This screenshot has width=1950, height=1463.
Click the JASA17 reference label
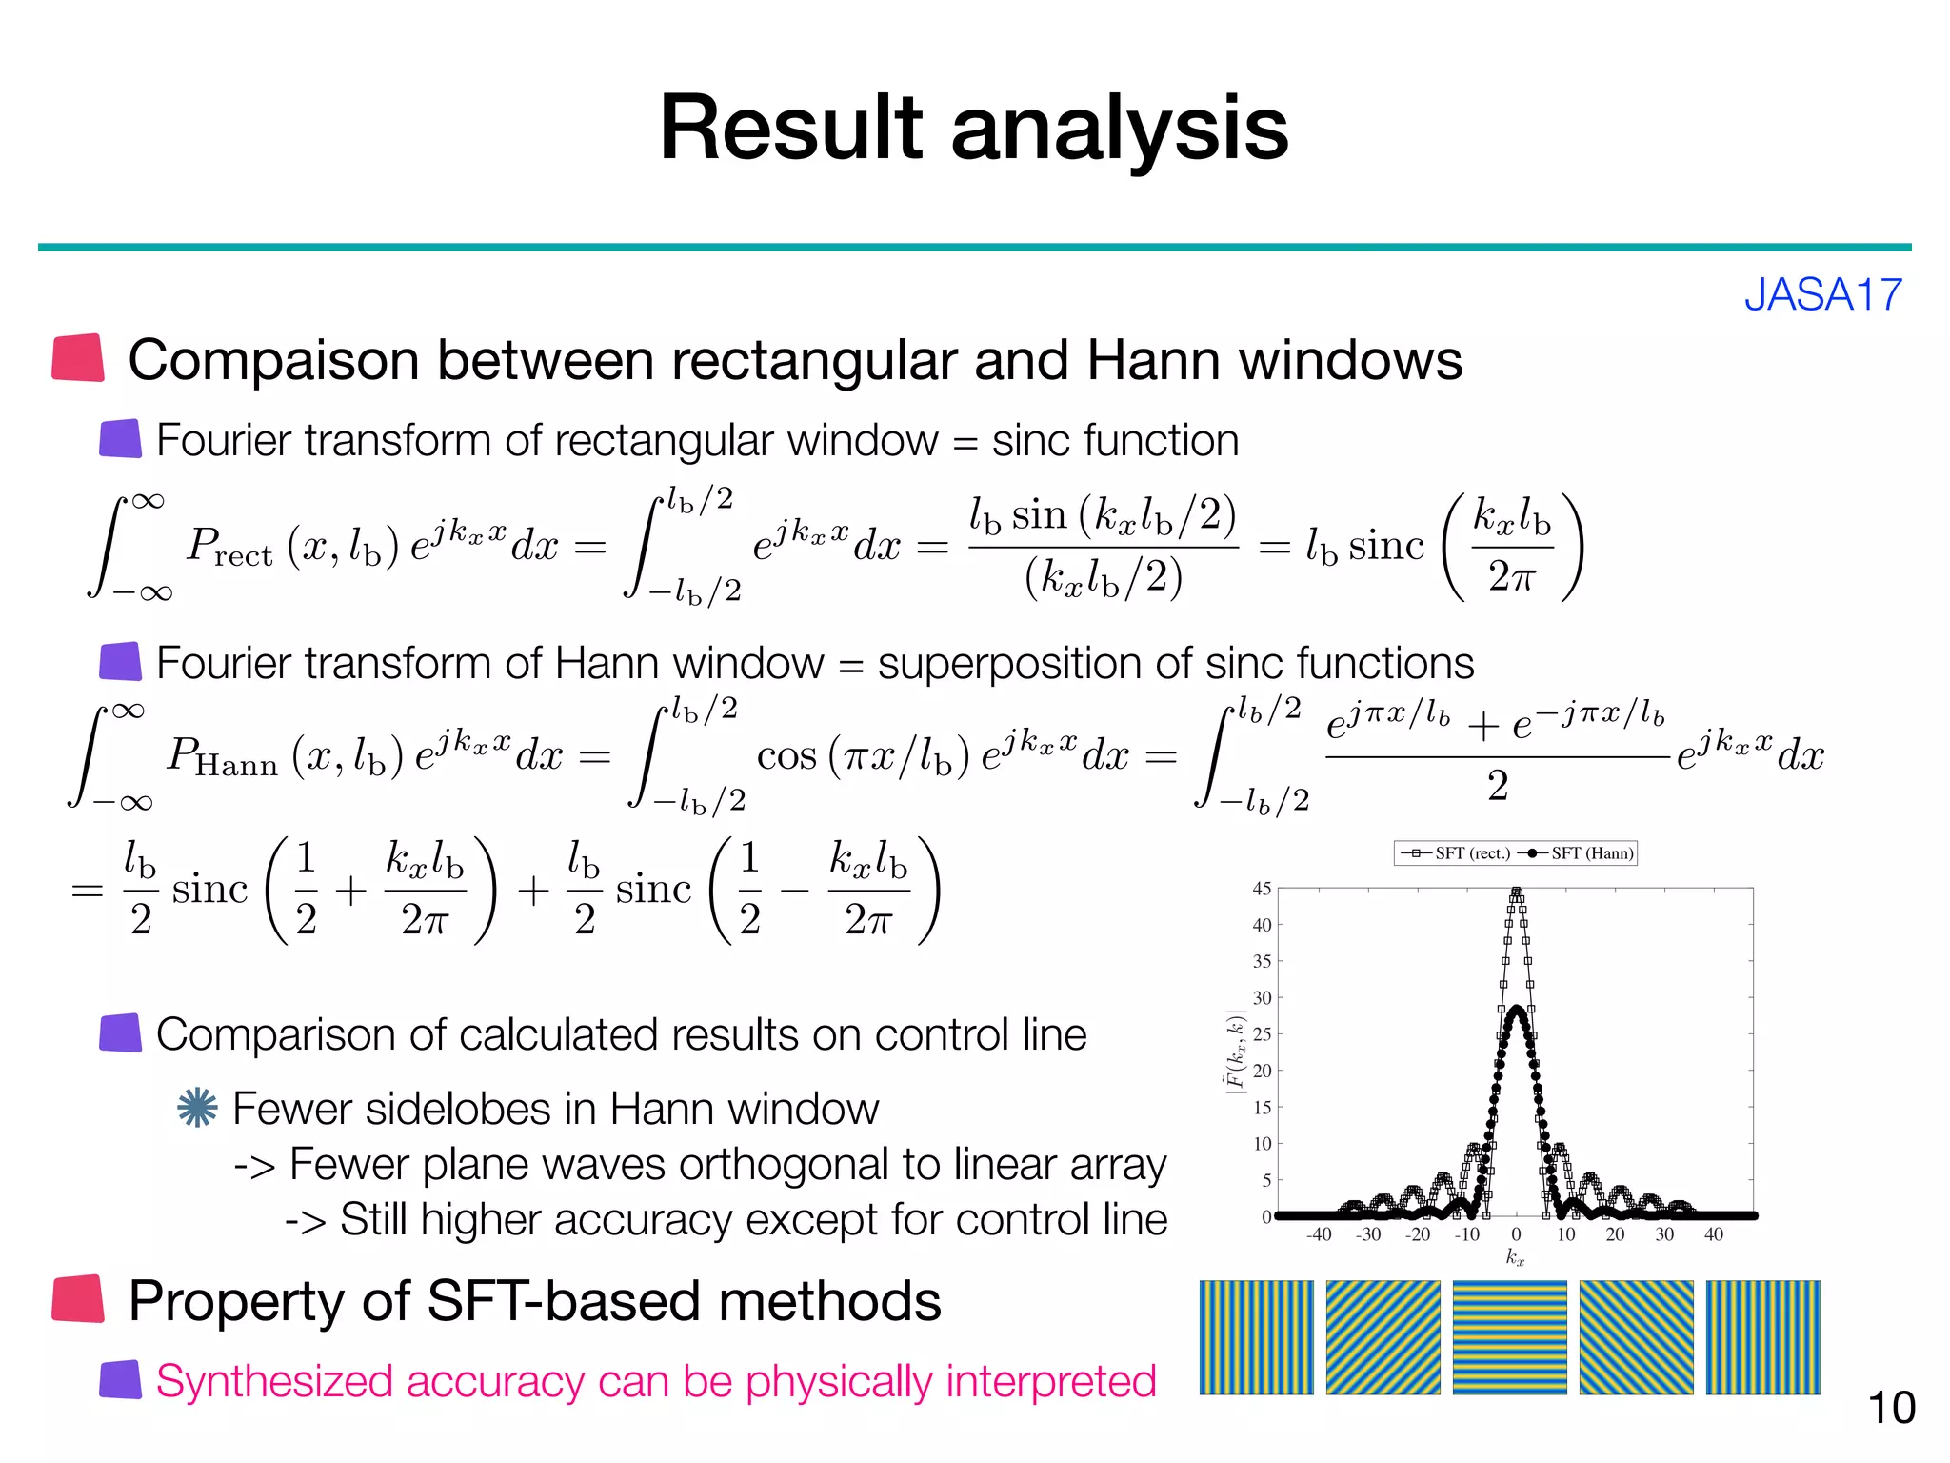[1822, 294]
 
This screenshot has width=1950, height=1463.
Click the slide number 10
[1891, 1408]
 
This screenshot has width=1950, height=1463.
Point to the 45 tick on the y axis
[1262, 889]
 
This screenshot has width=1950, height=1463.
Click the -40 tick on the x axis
[1319, 1235]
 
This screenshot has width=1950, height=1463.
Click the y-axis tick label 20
[1262, 1071]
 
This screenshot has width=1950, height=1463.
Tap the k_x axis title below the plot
[1515, 1258]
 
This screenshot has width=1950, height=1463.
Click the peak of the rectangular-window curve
[1517, 892]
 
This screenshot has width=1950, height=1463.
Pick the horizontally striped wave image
[1509, 1337]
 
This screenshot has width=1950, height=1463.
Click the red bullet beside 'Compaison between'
[78, 358]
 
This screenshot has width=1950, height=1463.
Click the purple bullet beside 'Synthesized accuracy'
[121, 1380]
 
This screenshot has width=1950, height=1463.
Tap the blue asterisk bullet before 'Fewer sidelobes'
[197, 1108]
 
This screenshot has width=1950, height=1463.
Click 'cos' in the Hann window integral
[786, 756]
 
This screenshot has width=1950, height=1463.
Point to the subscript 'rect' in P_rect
[243, 556]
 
